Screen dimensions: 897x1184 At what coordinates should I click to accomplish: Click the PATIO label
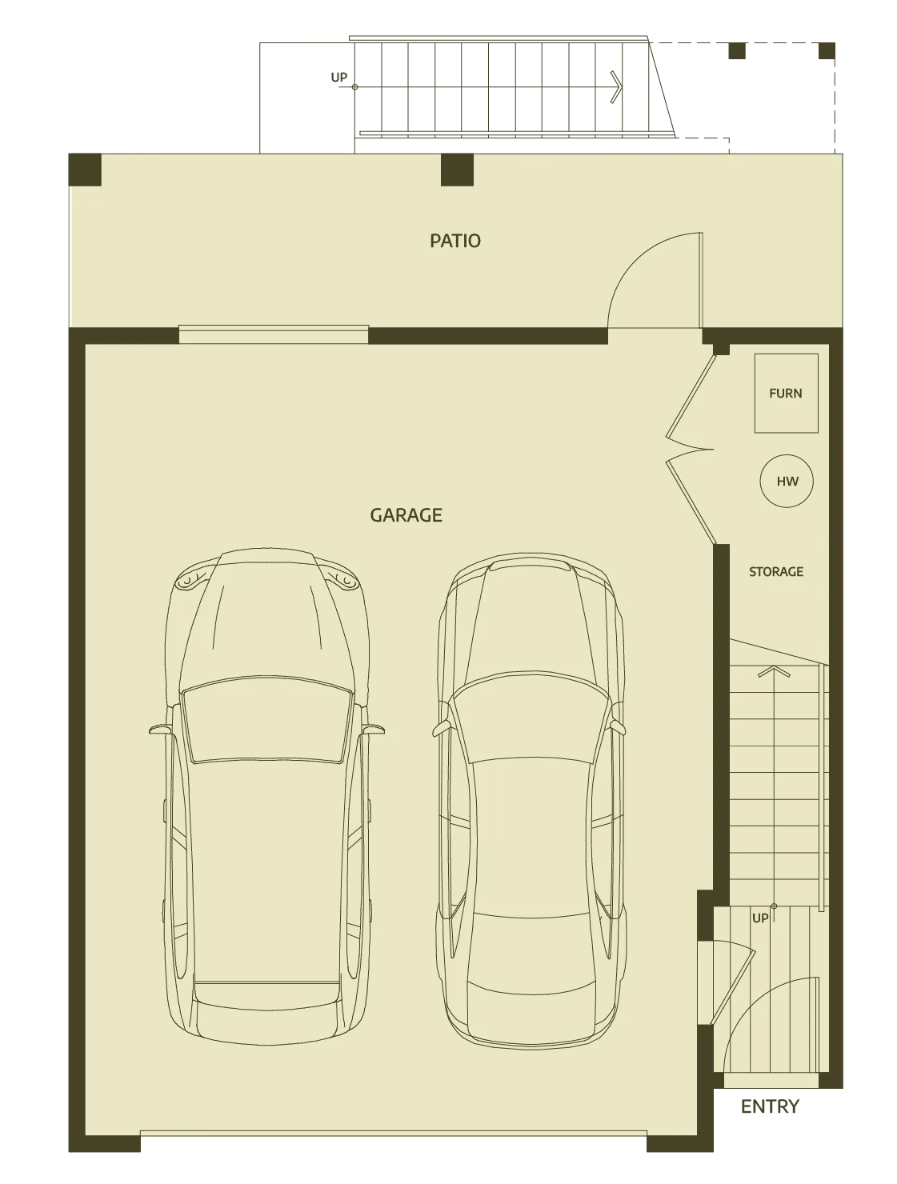pyautogui.click(x=455, y=241)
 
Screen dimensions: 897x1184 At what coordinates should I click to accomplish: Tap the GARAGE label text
pyautogui.click(x=406, y=515)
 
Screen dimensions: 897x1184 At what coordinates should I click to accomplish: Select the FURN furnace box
pyautogui.click(x=786, y=393)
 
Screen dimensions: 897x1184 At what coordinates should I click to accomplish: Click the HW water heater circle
pyautogui.click(x=787, y=481)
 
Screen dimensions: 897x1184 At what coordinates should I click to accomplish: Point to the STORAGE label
pyautogui.click(x=776, y=572)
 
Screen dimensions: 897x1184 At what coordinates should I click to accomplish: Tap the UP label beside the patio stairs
pyautogui.click(x=338, y=78)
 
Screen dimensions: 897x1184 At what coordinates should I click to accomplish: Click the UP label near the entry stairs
pyautogui.click(x=760, y=918)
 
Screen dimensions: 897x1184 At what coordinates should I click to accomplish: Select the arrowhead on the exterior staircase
pyautogui.click(x=616, y=86)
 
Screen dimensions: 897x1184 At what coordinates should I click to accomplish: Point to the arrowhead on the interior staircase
pyautogui.click(x=774, y=671)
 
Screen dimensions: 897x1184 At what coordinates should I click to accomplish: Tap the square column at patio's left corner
pyautogui.click(x=85, y=170)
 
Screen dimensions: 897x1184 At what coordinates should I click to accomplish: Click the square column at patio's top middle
pyautogui.click(x=457, y=170)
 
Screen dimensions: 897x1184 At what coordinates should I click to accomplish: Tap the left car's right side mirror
pyautogui.click(x=373, y=730)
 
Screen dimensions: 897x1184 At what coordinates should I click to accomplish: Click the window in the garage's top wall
pyautogui.click(x=274, y=334)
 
